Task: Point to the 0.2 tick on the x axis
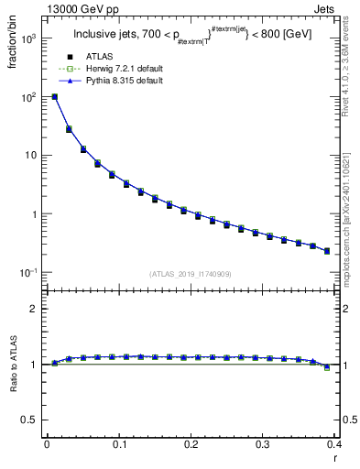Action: (x=191, y=446)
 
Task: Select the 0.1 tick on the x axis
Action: (x=118, y=446)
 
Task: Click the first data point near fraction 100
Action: (x=55, y=97)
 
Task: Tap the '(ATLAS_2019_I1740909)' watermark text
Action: (x=191, y=274)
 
